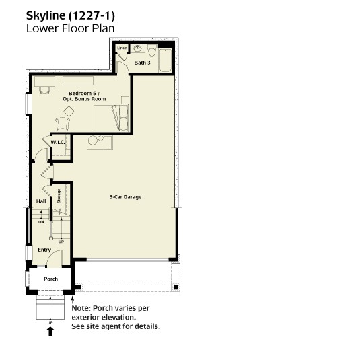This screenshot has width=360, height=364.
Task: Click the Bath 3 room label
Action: click(x=142, y=63)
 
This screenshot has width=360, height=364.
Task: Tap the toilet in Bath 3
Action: click(x=152, y=50)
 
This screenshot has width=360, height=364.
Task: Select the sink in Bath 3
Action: click(x=138, y=48)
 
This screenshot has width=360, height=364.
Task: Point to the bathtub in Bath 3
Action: click(x=166, y=60)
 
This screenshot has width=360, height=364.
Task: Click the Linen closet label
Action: click(x=122, y=48)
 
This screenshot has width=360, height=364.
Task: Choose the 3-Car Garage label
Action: click(x=125, y=197)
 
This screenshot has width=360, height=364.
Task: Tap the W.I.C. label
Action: click(x=58, y=143)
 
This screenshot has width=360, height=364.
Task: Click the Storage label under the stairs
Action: click(x=59, y=196)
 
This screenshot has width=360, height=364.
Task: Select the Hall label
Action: click(x=41, y=201)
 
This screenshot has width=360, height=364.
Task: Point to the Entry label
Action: click(x=44, y=250)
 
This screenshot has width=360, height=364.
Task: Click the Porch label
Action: click(x=51, y=279)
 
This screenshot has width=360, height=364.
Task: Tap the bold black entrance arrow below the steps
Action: click(x=50, y=331)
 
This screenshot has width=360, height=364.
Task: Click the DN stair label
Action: click(x=41, y=222)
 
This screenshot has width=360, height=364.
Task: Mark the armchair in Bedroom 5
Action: click(x=63, y=124)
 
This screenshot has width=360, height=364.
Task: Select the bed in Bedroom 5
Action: click(x=111, y=118)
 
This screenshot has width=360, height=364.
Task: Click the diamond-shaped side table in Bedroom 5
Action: click(x=69, y=112)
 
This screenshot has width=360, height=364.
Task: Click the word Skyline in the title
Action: click(x=46, y=15)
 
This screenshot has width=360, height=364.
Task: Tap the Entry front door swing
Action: click(x=55, y=258)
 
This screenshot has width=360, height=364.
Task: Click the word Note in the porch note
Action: click(x=81, y=308)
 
